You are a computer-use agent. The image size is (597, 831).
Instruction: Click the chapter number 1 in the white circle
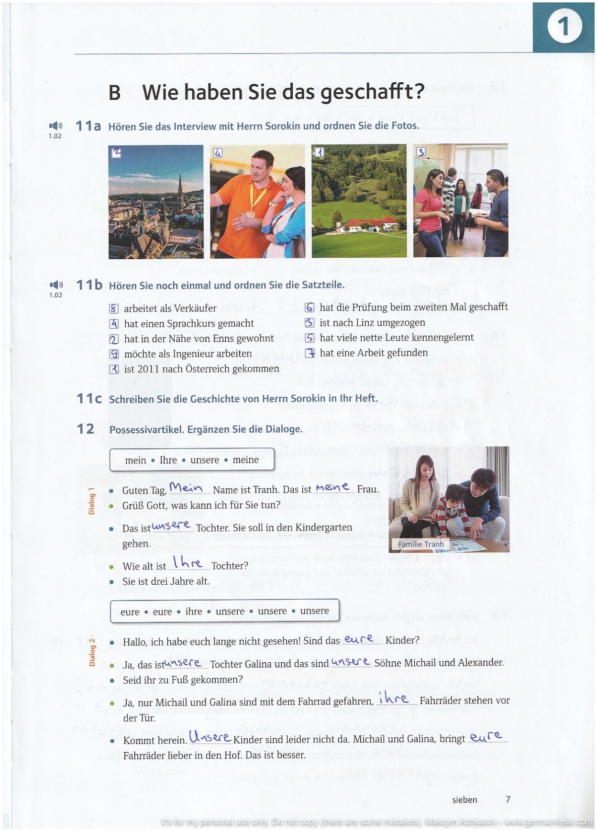coord(564,26)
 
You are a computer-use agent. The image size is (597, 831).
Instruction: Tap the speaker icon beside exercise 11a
coord(55,126)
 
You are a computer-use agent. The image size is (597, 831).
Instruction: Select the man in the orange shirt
coord(249,201)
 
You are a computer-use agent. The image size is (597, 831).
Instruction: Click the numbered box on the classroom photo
coord(420,152)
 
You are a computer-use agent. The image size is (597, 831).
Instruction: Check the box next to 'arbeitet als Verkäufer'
coord(114,309)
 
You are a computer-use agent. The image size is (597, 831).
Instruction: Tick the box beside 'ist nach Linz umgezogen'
coord(310,323)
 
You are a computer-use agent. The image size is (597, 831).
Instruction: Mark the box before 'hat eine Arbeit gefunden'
coord(310,353)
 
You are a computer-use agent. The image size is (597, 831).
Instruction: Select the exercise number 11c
coord(89,398)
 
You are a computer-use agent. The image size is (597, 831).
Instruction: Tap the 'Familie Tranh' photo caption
coord(421,544)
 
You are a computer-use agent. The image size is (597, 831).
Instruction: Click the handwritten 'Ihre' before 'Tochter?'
coord(188,563)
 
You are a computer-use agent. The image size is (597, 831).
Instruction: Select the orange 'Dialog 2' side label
coord(92,652)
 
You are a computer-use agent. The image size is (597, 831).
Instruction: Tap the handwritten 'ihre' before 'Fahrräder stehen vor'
coord(393,699)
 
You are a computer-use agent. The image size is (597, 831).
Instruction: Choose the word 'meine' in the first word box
coord(245,460)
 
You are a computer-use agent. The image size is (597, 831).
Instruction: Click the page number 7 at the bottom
coord(508,799)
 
